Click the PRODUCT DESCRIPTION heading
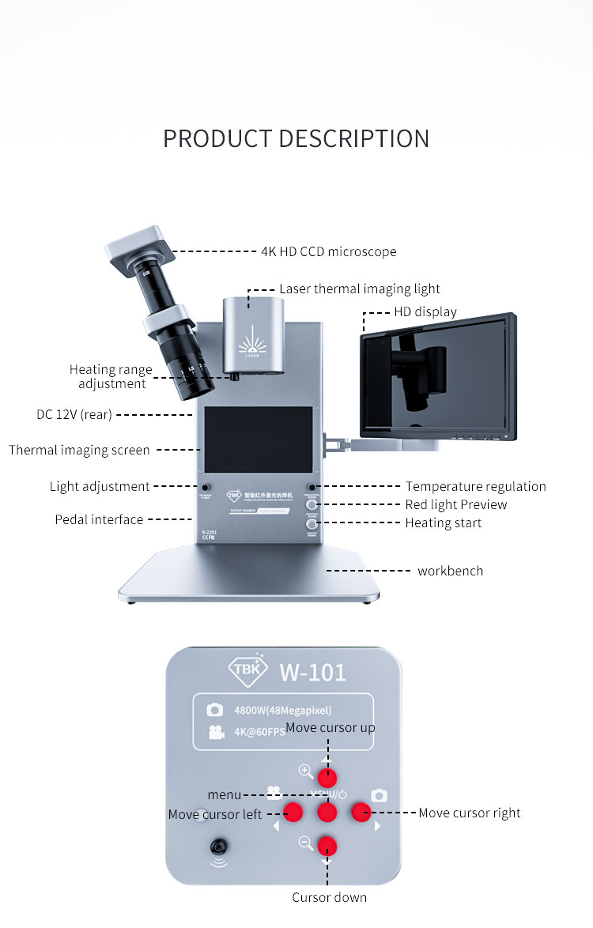(296, 138)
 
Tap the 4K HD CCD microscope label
(329, 251)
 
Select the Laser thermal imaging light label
(360, 289)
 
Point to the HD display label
(425, 311)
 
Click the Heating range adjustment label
(111, 376)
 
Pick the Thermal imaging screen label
(79, 450)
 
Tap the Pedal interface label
(99, 519)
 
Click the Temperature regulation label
(476, 486)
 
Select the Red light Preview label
(456, 504)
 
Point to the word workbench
(450, 571)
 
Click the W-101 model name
(312, 672)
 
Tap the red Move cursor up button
(327, 776)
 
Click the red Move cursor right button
(361, 811)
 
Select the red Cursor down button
(327, 846)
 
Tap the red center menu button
(327, 811)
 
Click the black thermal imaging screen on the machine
(259, 439)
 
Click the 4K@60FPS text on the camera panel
(259, 732)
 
